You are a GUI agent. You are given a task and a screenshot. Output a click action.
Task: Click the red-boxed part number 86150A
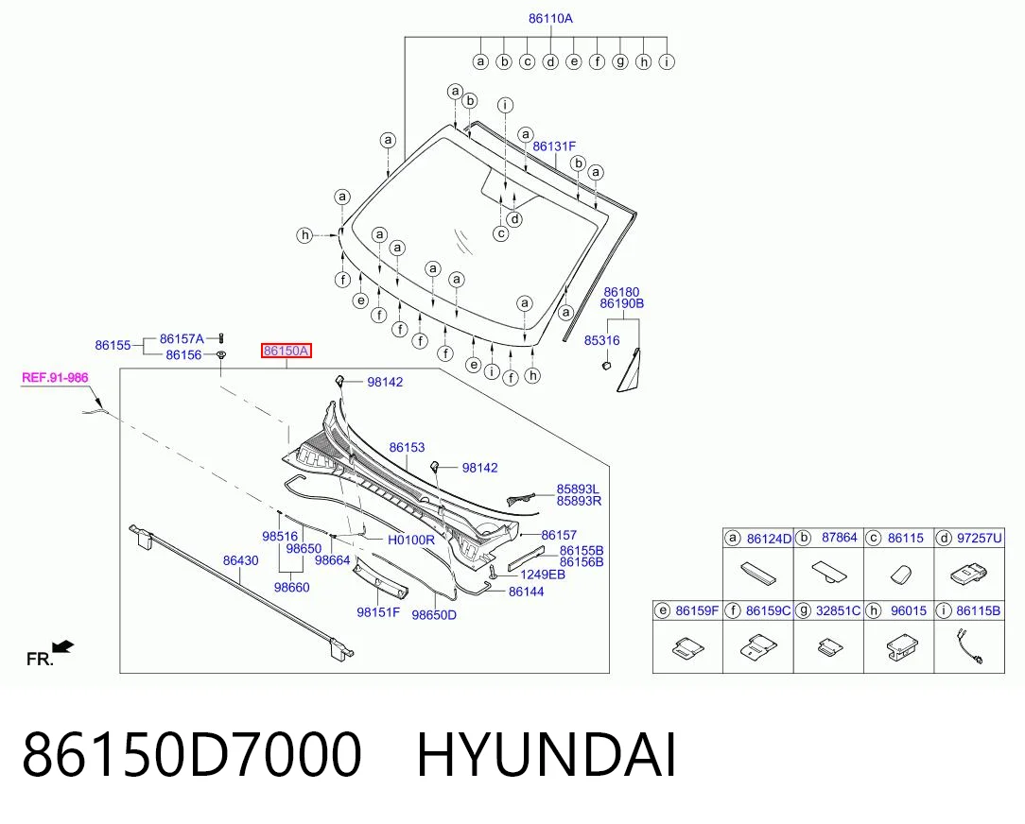click(286, 351)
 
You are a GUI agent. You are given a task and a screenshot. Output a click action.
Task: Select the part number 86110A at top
click(550, 18)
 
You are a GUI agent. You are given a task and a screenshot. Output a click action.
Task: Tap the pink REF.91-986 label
click(55, 378)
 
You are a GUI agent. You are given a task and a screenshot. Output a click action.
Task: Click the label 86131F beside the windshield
click(554, 146)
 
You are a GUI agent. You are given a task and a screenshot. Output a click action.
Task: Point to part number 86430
click(240, 560)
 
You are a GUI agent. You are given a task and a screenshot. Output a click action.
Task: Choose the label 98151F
click(378, 612)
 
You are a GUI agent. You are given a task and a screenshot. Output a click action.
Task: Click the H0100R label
click(411, 540)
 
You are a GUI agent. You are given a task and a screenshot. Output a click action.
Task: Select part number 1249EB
click(543, 575)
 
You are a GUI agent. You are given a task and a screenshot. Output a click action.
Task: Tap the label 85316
click(602, 340)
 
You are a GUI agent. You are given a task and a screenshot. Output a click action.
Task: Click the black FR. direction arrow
click(63, 647)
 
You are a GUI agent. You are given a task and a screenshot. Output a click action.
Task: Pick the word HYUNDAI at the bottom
click(547, 755)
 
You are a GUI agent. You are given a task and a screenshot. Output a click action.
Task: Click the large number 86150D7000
click(192, 755)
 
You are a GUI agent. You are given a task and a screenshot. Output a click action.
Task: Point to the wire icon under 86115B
click(968, 646)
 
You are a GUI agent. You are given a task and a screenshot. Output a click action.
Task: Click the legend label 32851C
click(838, 610)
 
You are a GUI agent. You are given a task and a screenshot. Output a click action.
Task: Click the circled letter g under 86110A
click(620, 61)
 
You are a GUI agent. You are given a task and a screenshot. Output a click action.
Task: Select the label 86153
click(407, 448)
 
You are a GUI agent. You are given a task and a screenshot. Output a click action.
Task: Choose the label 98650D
click(434, 615)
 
